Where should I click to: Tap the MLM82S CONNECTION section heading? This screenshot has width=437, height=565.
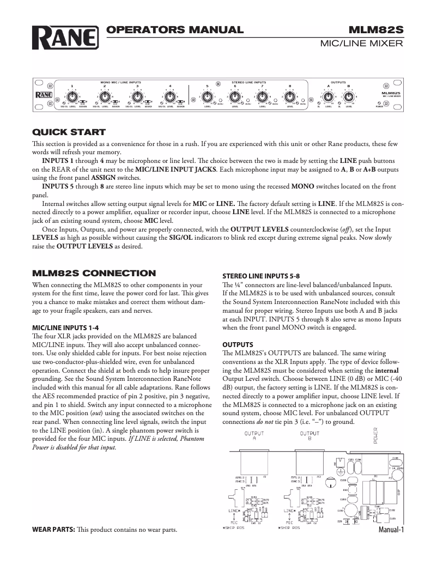(x=94, y=273)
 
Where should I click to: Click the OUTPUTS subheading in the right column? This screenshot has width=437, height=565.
(x=238, y=345)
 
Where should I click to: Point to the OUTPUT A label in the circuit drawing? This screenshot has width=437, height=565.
(x=254, y=436)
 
